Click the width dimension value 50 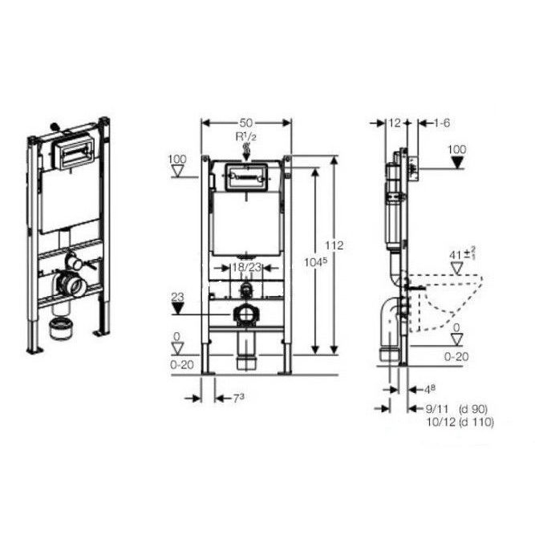[x=246, y=122]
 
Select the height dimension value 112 [x=336, y=245]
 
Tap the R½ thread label [x=245, y=137]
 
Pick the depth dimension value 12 [x=394, y=123]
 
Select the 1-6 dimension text [x=442, y=123]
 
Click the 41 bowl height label [x=457, y=255]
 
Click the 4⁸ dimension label [x=431, y=389]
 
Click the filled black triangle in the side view [x=457, y=162]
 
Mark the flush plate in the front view [x=245, y=177]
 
